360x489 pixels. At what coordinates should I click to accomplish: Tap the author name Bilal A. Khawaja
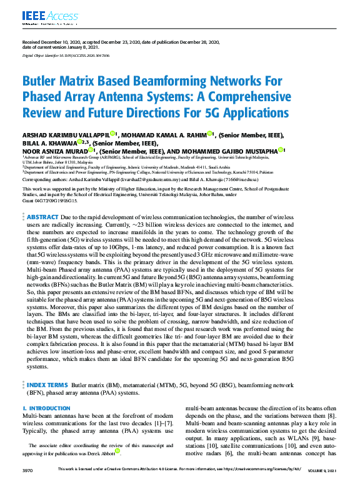pos(47,142)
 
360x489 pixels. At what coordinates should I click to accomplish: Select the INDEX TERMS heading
pos(48,385)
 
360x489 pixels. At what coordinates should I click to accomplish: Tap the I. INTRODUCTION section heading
pos(46,408)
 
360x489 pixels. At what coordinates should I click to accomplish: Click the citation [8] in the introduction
pos(332,416)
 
